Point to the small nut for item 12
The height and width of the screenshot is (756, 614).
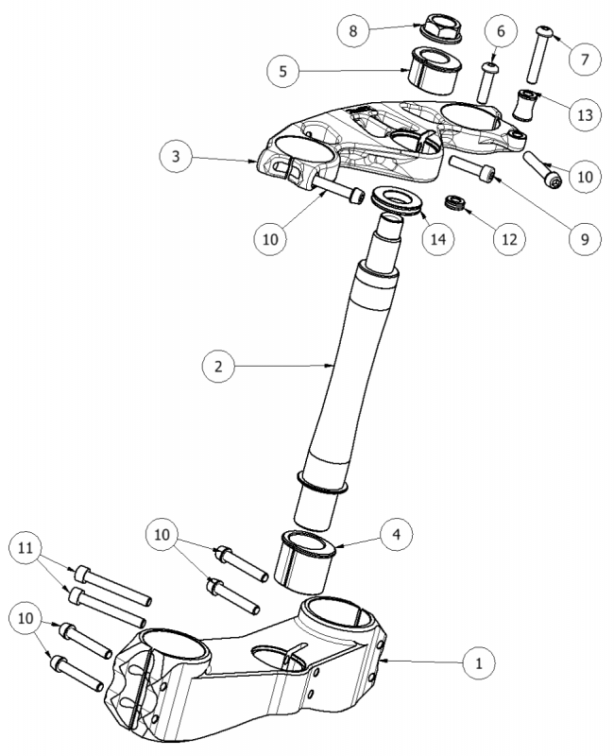tap(457, 202)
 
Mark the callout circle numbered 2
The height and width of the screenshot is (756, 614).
tap(219, 366)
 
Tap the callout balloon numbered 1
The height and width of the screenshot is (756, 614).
tap(481, 662)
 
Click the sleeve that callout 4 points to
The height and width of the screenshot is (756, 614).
tap(306, 560)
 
